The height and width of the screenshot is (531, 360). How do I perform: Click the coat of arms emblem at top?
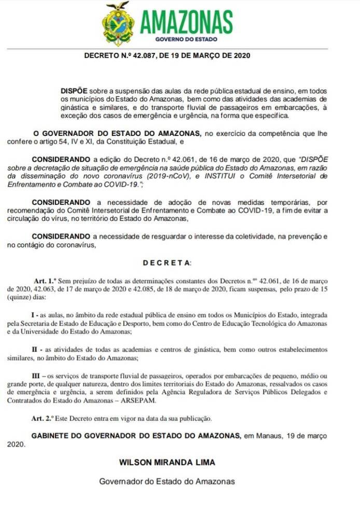coord(118,24)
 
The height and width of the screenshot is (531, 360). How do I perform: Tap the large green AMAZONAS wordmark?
coord(186,22)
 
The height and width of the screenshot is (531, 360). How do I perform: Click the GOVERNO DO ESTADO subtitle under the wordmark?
coord(186,39)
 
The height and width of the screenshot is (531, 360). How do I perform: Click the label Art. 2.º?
coord(45,417)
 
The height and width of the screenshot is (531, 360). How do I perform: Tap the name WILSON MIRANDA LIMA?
coord(167,462)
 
